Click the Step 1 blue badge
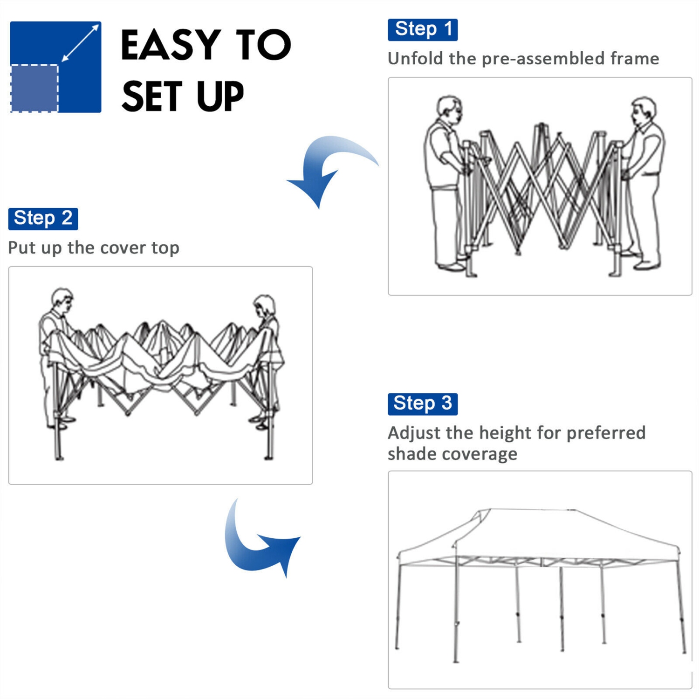tap(422, 30)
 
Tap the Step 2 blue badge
tap(43, 219)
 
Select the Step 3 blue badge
tap(422, 404)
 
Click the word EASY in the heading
tap(170, 45)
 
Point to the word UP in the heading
tap(220, 97)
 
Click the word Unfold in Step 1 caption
tap(415, 59)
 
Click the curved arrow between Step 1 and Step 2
tap(326, 168)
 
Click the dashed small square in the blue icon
tap(34, 88)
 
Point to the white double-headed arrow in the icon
tap(80, 43)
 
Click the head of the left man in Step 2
tap(62, 301)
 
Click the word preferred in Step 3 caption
tap(606, 433)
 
